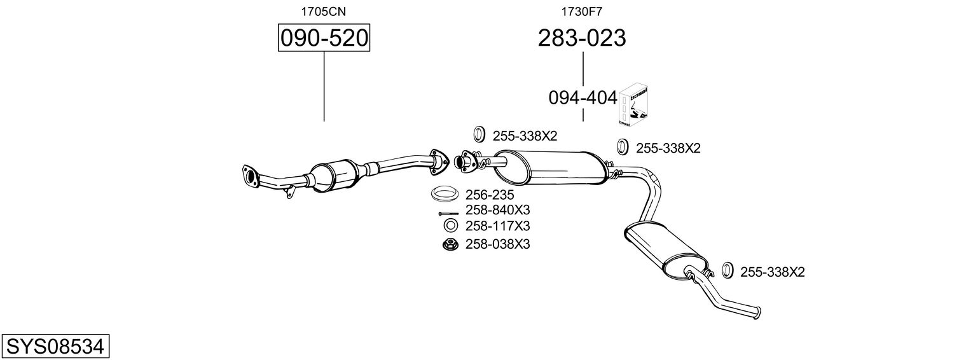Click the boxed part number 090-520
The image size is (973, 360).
point(324,38)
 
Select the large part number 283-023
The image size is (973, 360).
point(582,38)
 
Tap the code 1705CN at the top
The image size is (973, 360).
point(324,11)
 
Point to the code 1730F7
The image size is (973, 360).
point(581,11)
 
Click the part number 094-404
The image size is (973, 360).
point(583,98)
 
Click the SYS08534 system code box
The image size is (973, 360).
point(55,346)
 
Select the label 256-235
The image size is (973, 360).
point(490,195)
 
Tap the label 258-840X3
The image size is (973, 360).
point(498,210)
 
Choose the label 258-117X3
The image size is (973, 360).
point(498,226)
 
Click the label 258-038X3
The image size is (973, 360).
point(498,244)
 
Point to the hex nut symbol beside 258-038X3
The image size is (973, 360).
point(450,244)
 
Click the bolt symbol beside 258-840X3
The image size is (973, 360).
point(448,213)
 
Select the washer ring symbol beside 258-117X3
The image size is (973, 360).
point(450,226)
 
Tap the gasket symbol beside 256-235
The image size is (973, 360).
point(445,192)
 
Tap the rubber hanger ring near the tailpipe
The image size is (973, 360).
point(729,270)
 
